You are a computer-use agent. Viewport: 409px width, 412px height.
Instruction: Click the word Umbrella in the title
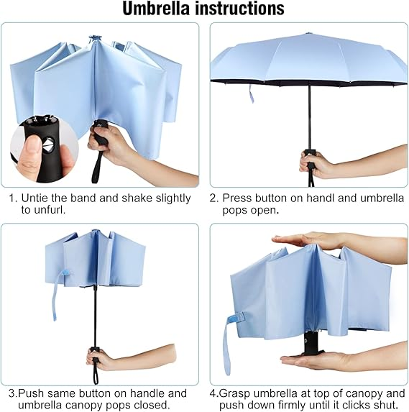pyautogui.click(x=156, y=9)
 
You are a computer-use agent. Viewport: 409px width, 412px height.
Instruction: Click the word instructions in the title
pyautogui.click(x=239, y=9)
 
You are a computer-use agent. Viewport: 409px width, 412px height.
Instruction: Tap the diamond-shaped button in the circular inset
pyautogui.click(x=48, y=145)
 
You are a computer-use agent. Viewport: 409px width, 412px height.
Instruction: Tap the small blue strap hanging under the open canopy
pyautogui.click(x=252, y=94)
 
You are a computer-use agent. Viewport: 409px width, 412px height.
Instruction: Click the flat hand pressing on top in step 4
pyautogui.click(x=339, y=241)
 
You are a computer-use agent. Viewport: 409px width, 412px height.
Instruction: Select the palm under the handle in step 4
pyautogui.click(x=341, y=361)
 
